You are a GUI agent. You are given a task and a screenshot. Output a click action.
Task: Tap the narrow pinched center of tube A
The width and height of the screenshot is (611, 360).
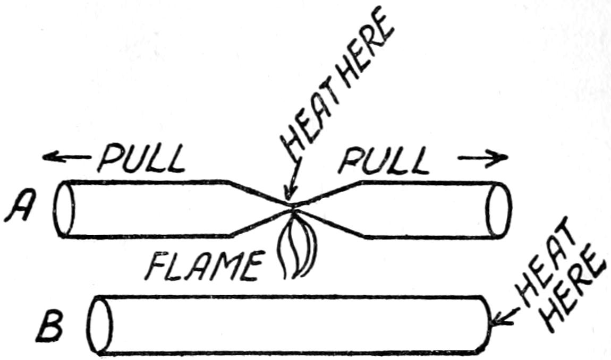[292, 208]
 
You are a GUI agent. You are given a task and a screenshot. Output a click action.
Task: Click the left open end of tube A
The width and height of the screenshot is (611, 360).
[63, 208]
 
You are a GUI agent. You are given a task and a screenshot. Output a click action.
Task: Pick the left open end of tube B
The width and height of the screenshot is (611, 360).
[100, 324]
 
